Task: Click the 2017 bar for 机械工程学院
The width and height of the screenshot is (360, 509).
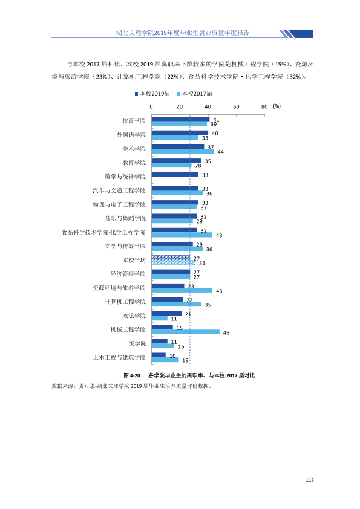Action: pyautogui.click(x=186, y=332)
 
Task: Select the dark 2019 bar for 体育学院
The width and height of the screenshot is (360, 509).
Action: pyautogui.click(x=181, y=119)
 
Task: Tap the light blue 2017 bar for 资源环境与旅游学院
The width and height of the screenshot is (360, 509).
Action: pyautogui.click(x=182, y=290)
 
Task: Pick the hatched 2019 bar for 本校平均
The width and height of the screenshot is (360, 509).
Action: pyautogui.click(x=171, y=258)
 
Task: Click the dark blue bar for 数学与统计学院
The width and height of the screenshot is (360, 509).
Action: pyautogui.click(x=175, y=175)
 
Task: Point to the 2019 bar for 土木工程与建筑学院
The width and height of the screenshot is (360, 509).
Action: pyautogui.click(x=159, y=355)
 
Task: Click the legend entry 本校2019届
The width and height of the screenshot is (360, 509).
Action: pyautogui.click(x=152, y=94)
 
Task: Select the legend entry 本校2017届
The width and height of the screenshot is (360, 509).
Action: pyautogui.click(x=194, y=94)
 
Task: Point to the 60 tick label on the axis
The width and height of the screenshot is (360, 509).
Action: pyautogui.click(x=236, y=106)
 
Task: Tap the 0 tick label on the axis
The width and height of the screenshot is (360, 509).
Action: pyautogui.click(x=151, y=106)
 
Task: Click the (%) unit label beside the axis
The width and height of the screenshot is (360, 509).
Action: pyautogui.click(x=277, y=106)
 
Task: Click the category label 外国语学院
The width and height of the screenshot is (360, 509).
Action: pyautogui.click(x=131, y=135)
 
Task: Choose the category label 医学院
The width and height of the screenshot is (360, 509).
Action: pyautogui.click(x=137, y=343)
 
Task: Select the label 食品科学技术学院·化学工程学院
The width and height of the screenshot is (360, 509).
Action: pyautogui.click(x=103, y=232)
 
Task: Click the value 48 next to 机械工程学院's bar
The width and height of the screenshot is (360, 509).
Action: pyautogui.click(x=226, y=332)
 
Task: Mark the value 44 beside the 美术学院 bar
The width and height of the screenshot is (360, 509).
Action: pyautogui.click(x=221, y=152)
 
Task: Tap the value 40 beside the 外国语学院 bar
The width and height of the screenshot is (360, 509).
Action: pyautogui.click(x=215, y=133)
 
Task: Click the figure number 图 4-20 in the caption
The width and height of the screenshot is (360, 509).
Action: pyautogui.click(x=132, y=375)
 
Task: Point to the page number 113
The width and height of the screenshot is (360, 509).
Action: pyautogui.click(x=310, y=480)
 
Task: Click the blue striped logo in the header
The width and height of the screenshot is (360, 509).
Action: pyautogui.click(x=296, y=34)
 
